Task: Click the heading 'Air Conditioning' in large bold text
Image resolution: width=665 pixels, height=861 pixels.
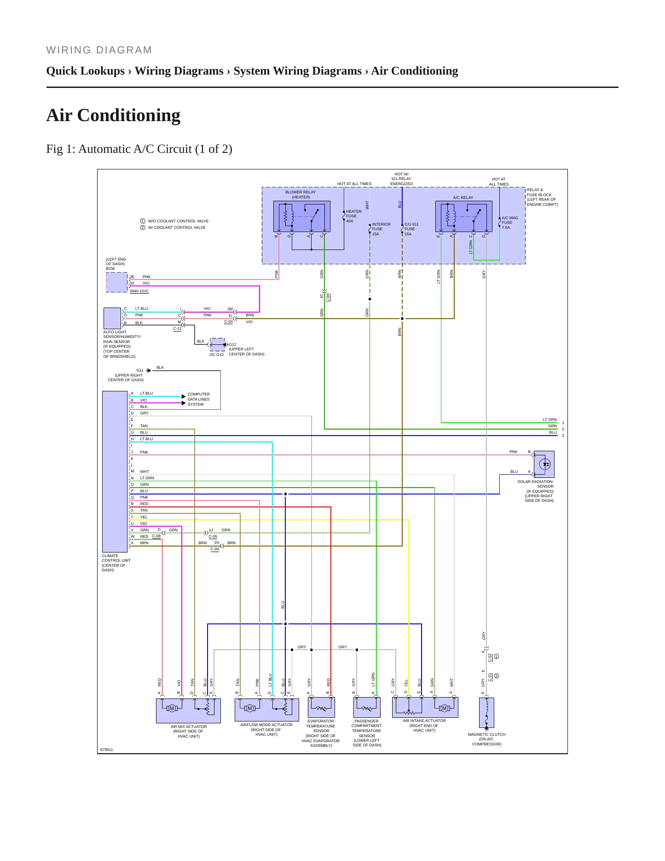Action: coord(113,115)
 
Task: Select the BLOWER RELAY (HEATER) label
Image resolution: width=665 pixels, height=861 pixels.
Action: coord(301,195)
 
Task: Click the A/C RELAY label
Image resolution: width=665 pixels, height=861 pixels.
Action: coord(463,198)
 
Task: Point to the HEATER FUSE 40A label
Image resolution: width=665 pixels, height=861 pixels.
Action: coord(354,216)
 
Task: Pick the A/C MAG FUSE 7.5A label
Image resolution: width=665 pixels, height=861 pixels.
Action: coord(510,223)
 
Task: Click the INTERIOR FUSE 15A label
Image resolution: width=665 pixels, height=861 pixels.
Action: coord(381,229)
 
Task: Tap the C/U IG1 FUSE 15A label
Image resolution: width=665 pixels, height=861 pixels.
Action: coord(411,229)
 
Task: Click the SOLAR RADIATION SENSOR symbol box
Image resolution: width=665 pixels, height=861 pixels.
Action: coord(544,464)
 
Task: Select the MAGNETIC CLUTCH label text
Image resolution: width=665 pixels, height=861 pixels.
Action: coord(486,734)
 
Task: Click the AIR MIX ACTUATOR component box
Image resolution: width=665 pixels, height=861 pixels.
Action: coord(189,711)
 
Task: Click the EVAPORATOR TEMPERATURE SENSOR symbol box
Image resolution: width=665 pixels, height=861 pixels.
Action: coord(321,707)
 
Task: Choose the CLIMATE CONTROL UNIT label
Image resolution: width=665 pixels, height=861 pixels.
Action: coord(116,563)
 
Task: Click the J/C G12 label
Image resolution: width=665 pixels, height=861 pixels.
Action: coord(217,355)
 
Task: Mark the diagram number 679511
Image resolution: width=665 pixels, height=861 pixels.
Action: coord(106,750)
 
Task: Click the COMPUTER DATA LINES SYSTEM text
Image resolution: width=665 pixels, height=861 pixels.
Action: coord(198,399)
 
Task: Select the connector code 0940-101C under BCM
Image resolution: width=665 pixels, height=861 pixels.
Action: coord(139,291)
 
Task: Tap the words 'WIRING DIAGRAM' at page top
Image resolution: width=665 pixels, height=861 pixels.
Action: coord(99,50)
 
